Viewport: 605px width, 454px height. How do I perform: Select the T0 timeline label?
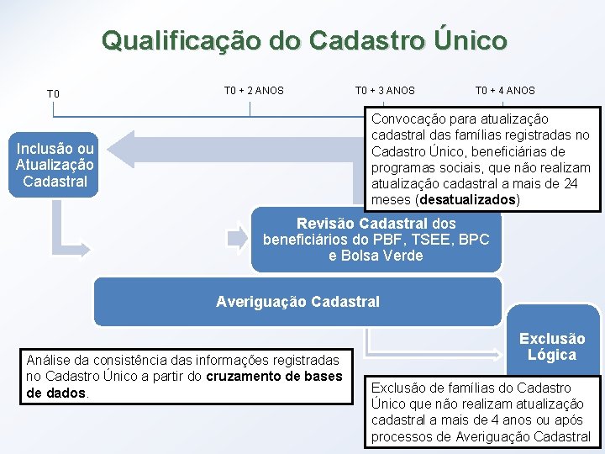53,93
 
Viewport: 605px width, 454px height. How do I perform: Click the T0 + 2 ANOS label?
254,90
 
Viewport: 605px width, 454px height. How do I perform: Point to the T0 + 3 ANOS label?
385,90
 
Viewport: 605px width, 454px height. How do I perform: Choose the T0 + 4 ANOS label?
505,90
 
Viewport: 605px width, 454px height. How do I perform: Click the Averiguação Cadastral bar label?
297,301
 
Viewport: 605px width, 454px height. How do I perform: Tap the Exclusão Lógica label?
552,346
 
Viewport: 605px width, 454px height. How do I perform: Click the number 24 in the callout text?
571,184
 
